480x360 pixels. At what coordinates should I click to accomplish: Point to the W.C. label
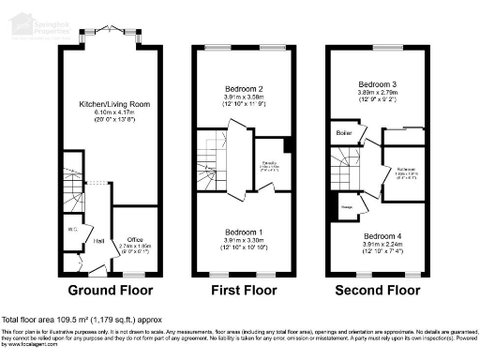click(x=71, y=228)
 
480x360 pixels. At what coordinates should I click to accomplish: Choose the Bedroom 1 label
click(x=244, y=231)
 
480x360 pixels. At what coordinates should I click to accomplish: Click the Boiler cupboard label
click(x=344, y=133)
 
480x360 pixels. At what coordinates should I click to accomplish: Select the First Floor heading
click(x=245, y=292)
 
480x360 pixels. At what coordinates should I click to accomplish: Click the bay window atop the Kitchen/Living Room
click(x=112, y=38)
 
